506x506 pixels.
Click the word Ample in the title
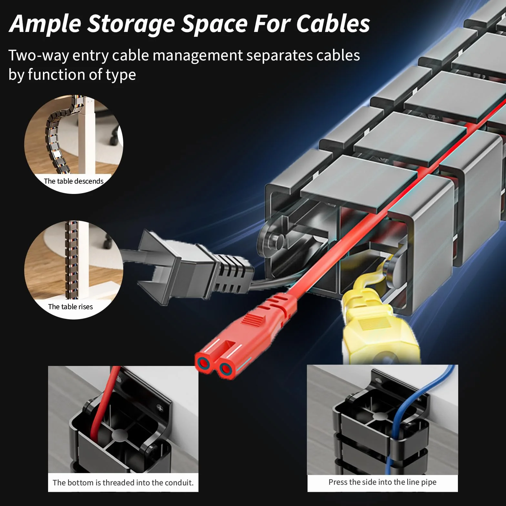click(45, 24)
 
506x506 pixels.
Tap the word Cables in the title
click(333, 24)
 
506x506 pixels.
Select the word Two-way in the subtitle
click(38, 56)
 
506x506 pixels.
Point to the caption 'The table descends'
click(74, 181)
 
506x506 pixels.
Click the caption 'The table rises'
click(70, 307)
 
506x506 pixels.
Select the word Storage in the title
click(131, 24)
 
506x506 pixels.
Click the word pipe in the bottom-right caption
click(429, 482)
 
